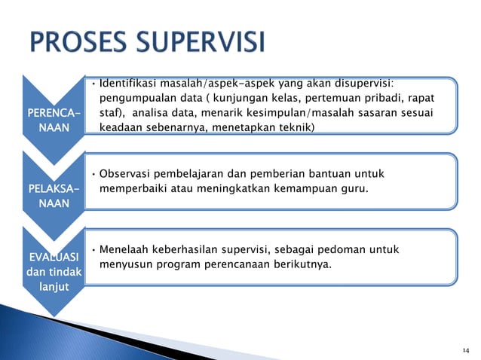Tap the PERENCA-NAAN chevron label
tap(51, 121)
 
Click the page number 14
tap(465, 351)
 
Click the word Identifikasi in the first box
tap(129, 83)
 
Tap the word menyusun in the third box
tap(125, 264)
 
